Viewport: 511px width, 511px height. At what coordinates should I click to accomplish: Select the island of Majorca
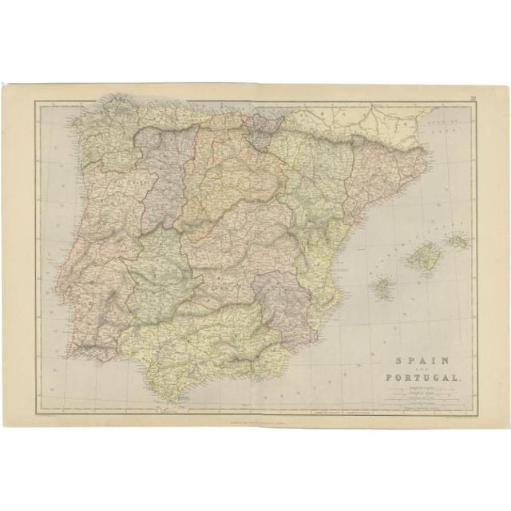click(x=422, y=255)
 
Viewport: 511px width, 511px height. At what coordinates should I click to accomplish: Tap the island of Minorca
click(x=458, y=239)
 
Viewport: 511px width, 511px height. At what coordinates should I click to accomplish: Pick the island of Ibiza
click(x=382, y=285)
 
